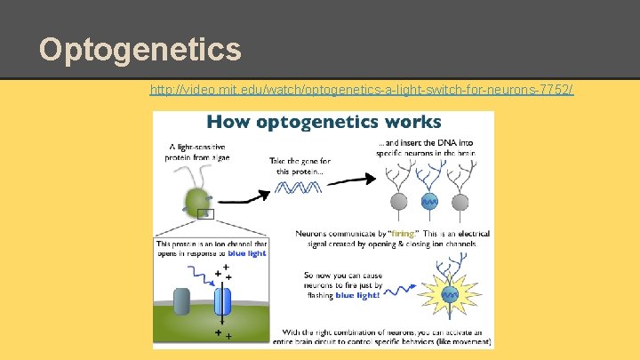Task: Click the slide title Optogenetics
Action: click(x=140, y=49)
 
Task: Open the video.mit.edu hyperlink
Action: click(x=362, y=90)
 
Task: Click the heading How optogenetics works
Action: click(x=324, y=122)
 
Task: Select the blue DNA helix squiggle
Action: click(x=298, y=187)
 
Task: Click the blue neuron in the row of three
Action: click(x=429, y=200)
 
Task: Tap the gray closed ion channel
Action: click(x=183, y=301)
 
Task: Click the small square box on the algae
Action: click(x=206, y=213)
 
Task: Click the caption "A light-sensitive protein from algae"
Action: click(x=194, y=152)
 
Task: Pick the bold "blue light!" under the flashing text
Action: click(x=356, y=295)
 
